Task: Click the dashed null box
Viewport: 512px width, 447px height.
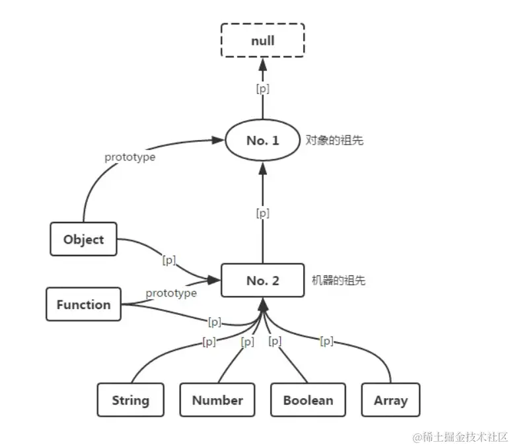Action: click(262, 41)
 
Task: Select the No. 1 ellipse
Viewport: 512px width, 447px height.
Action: click(262, 141)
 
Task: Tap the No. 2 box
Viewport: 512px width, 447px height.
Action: click(262, 281)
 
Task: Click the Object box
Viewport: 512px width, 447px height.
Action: click(83, 239)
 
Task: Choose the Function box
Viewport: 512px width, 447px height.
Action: click(83, 304)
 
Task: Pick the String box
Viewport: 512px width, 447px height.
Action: click(130, 400)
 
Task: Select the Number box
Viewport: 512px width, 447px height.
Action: click(217, 400)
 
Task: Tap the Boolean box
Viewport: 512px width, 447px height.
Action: click(308, 400)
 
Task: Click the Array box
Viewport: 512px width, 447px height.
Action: click(390, 400)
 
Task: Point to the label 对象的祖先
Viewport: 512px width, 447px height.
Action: click(334, 141)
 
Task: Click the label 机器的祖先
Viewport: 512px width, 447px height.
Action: click(338, 281)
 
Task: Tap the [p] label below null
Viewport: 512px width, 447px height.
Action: click(262, 88)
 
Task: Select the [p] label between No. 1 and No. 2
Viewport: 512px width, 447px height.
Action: click(262, 213)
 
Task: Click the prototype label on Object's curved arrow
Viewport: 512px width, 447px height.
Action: click(130, 157)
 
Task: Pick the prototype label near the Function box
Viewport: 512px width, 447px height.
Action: click(171, 292)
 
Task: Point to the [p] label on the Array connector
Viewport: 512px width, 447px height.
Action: click(326, 341)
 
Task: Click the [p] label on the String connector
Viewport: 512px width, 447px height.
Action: click(209, 341)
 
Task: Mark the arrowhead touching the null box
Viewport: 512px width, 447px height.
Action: click(262, 64)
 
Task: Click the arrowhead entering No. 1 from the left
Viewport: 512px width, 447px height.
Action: click(217, 140)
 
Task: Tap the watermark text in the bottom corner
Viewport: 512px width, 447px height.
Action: click(460, 437)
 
